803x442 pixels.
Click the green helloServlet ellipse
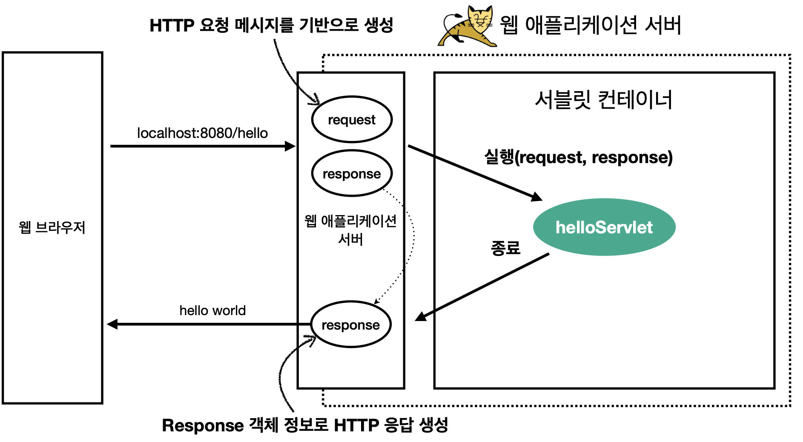604,227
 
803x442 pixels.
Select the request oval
351,120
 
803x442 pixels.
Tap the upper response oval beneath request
351,173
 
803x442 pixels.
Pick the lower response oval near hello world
350,324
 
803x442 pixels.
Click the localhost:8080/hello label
202,133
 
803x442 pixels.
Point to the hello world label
212,310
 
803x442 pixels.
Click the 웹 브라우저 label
52,227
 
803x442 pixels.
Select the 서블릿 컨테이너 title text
603,100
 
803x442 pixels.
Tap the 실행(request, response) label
578,158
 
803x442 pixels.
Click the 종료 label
505,247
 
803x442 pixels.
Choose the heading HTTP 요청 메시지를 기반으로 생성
271,25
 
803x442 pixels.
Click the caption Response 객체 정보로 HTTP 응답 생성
305,425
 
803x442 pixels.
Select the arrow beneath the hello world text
209,324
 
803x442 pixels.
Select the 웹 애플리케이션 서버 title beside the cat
590,25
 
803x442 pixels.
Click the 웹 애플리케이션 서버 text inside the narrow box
350,230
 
